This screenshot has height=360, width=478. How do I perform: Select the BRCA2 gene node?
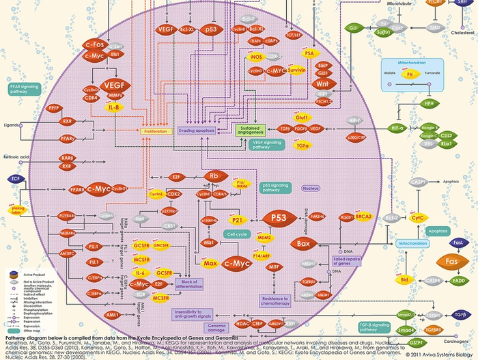[363, 217]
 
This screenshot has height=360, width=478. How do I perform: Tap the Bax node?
[302, 243]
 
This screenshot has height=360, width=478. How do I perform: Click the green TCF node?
[14, 178]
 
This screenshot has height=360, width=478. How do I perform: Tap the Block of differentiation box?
[189, 284]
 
